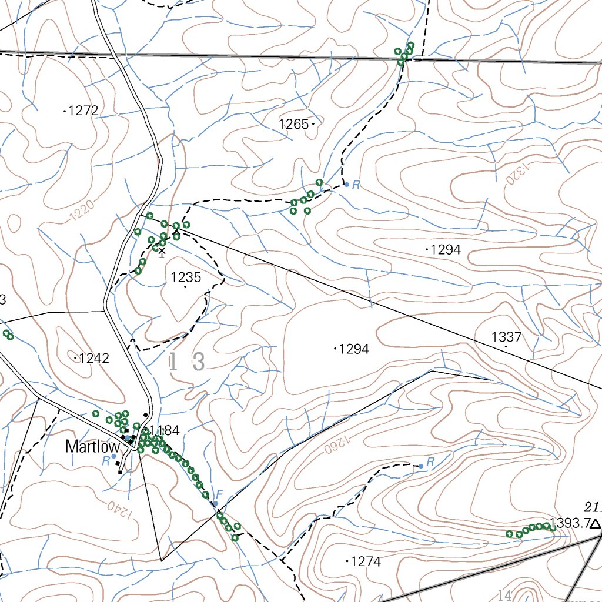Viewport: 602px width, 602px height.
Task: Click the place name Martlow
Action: [92, 447]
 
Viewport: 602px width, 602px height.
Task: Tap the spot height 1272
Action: [83, 111]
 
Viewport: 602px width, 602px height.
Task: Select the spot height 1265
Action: [294, 124]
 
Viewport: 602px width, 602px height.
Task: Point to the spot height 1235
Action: [186, 277]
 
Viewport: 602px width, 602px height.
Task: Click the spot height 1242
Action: [94, 358]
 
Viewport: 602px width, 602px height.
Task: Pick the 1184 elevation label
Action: [164, 430]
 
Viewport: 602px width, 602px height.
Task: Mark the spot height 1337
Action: [506, 337]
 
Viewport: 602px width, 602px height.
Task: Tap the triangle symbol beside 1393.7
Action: [596, 524]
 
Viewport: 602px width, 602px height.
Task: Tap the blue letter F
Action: [220, 494]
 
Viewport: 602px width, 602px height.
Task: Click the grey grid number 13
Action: [187, 362]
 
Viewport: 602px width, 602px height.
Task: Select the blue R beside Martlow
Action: [106, 461]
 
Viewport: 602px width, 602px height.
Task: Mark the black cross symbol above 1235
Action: [162, 252]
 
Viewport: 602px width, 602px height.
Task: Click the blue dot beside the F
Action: [215, 504]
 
